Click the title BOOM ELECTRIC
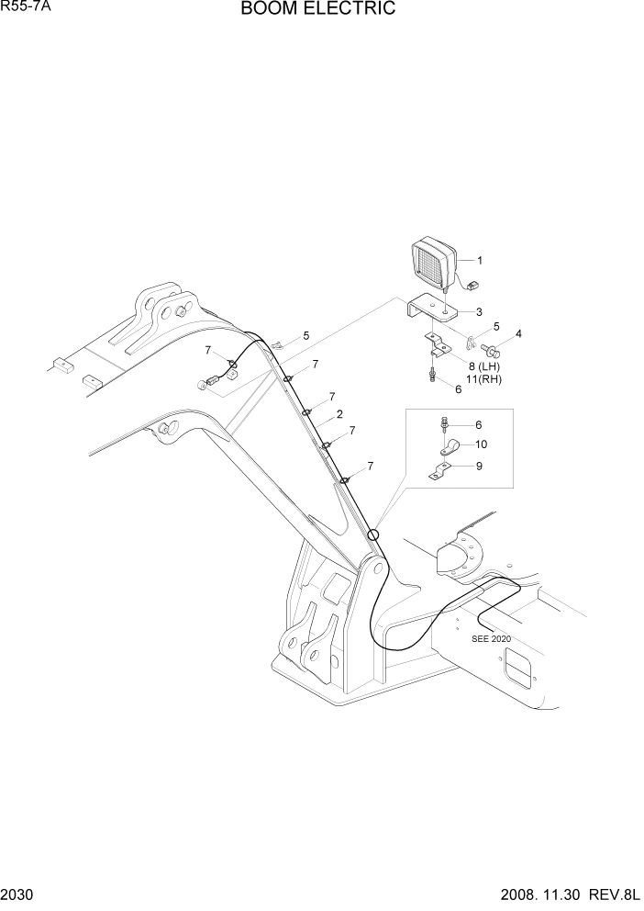318,9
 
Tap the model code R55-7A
26,7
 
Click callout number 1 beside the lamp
479,260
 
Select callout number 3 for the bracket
479,312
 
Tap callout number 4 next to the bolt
518,333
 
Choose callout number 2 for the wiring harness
339,414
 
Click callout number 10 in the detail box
482,444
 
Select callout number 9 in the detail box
480,466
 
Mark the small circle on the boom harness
372,534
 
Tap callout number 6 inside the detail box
479,424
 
